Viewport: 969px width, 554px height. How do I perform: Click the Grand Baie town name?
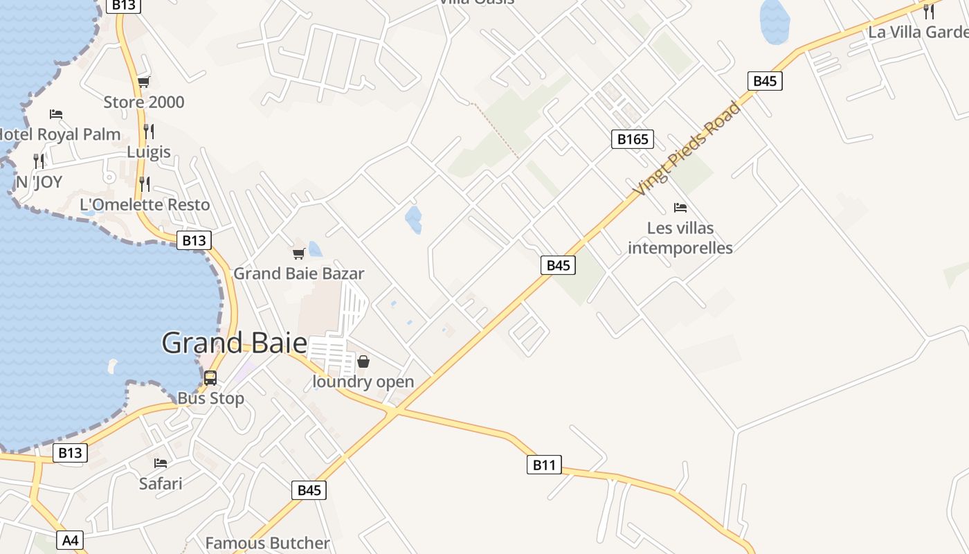[x=234, y=343]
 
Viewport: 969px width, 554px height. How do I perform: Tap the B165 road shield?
[x=633, y=139]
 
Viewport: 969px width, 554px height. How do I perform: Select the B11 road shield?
[x=544, y=465]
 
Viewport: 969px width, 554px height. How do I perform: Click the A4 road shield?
[x=71, y=540]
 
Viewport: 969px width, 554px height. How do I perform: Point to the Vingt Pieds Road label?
[x=689, y=148]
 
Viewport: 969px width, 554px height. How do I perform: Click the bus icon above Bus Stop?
[x=210, y=378]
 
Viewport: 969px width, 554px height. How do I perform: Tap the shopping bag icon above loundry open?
[x=363, y=361]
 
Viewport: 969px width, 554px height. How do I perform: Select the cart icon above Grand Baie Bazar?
[x=298, y=254]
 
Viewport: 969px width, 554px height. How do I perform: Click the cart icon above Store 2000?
[x=144, y=82]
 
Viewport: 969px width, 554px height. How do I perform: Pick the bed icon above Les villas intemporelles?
[x=680, y=208]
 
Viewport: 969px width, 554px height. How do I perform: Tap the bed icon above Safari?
[x=161, y=463]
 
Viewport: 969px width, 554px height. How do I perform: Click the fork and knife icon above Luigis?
[x=148, y=131]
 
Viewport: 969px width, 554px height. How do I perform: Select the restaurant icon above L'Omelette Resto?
[x=145, y=184]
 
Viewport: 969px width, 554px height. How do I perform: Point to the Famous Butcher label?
[x=267, y=543]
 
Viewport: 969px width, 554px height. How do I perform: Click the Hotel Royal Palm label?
[x=60, y=134]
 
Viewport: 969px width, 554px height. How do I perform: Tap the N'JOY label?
[x=39, y=182]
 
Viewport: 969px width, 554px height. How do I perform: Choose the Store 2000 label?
[x=144, y=102]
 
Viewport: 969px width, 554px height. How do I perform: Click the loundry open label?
[x=363, y=382]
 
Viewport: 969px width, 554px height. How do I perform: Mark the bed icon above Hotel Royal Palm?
[x=56, y=114]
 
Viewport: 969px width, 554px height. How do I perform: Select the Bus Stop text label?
[x=211, y=398]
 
